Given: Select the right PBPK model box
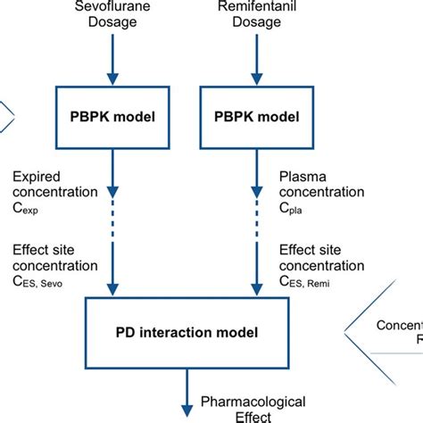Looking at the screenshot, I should [x=257, y=117].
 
